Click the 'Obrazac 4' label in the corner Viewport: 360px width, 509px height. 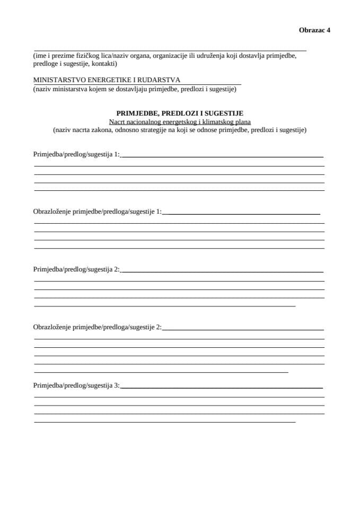[314, 30]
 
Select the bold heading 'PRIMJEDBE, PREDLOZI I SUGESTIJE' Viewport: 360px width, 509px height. [180, 113]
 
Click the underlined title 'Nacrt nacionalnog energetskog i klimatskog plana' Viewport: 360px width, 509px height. [180, 121]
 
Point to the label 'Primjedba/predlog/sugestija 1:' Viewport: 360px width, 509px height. [76, 154]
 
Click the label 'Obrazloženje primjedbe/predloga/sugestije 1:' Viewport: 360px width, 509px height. [97, 212]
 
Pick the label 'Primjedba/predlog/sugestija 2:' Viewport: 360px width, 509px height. [76, 269]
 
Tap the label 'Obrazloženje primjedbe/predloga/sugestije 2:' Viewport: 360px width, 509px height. [97, 327]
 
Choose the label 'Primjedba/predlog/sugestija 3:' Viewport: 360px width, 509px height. [76, 385]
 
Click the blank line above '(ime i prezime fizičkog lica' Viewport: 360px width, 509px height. [170, 49]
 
